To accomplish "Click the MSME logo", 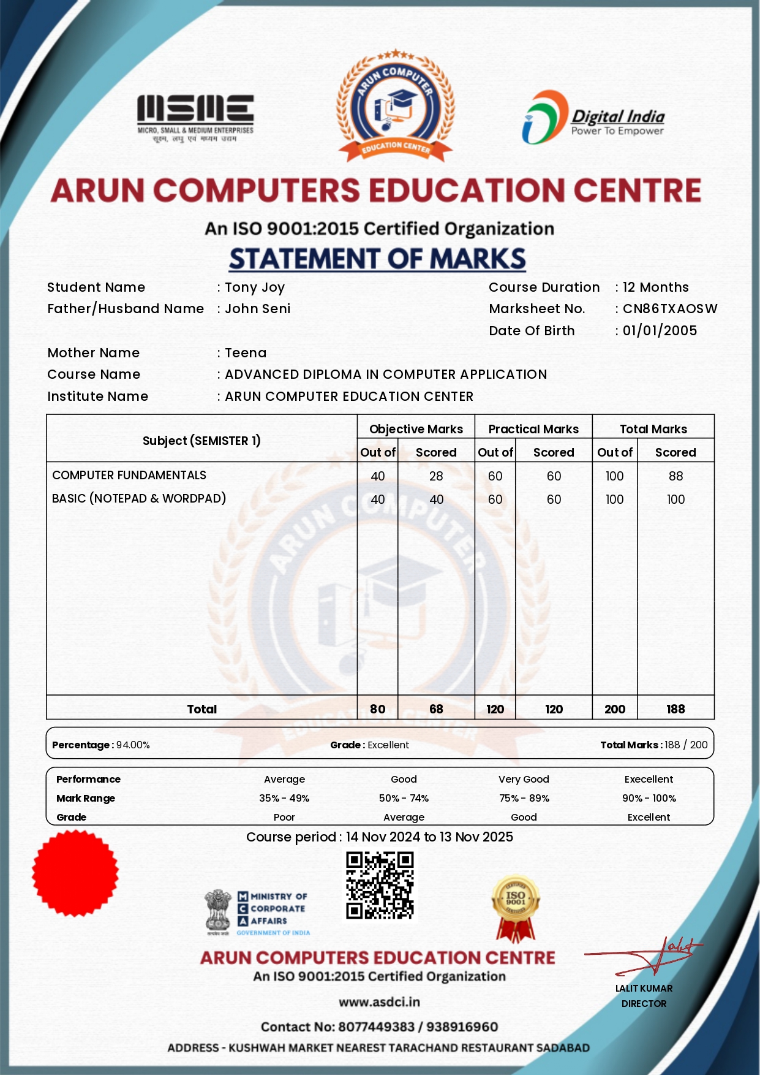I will coord(195,118).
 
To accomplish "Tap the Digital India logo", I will coord(593,118).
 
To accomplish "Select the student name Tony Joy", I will coord(255,287).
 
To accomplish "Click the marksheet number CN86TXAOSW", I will coord(670,309).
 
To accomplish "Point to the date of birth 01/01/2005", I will coord(660,331).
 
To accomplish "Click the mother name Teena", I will coord(246,353).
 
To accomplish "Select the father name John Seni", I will coord(257,309).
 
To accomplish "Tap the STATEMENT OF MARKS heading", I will coord(377,259).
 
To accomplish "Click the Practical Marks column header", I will coord(533,429).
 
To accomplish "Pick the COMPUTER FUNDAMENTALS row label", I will coord(129,476).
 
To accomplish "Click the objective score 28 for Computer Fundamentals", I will coord(436,476).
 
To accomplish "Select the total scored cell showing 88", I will coord(675,476).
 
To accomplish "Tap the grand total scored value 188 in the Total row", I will coord(675,709).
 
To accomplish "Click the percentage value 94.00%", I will coord(133,745).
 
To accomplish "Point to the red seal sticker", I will coord(75,873).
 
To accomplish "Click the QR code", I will coord(380,886).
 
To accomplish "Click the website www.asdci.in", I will coord(380,1002).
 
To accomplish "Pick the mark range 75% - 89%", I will coord(524,799).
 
